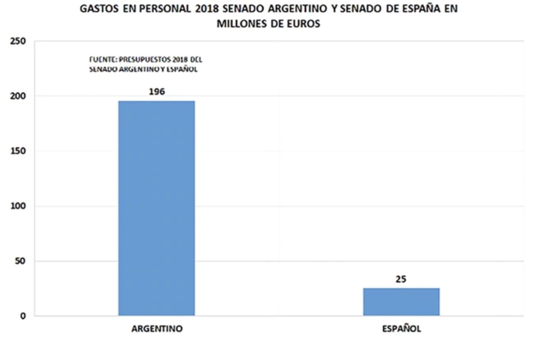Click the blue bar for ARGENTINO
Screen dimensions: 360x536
tap(156, 208)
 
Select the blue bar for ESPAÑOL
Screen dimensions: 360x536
tap(401, 302)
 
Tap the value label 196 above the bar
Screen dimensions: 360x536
tap(156, 91)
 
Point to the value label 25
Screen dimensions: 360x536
tap(401, 279)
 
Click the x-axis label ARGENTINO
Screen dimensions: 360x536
tap(157, 329)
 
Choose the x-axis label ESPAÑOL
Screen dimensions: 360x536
tap(401, 329)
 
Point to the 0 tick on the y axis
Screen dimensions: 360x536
tap(24, 316)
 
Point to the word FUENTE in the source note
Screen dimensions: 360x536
tap(100, 60)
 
